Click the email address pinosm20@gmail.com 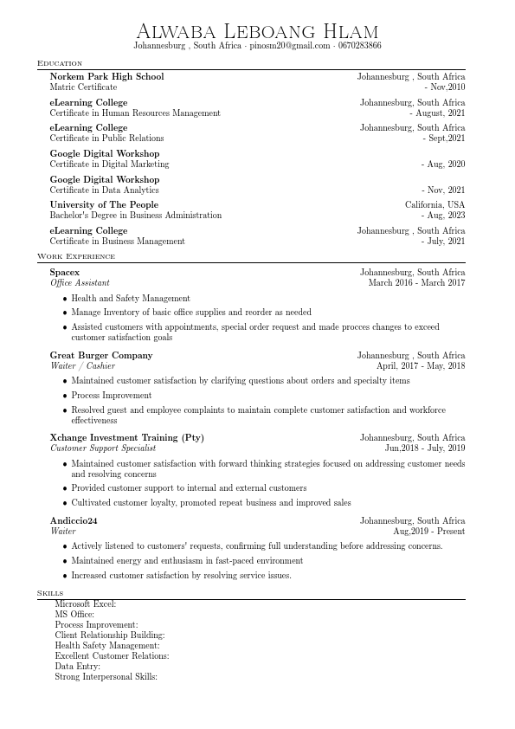(290, 46)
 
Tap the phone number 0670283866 (359, 46)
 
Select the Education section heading (60, 63)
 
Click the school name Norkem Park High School (106, 77)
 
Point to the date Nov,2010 (447, 87)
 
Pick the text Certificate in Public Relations (106, 139)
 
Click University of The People (104, 205)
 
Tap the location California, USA (435, 205)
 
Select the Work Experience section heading (75, 256)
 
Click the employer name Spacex (64, 273)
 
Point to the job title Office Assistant (80, 283)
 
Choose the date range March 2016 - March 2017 (416, 283)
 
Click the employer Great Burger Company (100, 356)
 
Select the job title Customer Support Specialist (103, 448)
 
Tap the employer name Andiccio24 (74, 521)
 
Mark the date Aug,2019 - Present (428, 532)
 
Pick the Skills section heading (49, 592)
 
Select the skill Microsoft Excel (85, 604)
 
